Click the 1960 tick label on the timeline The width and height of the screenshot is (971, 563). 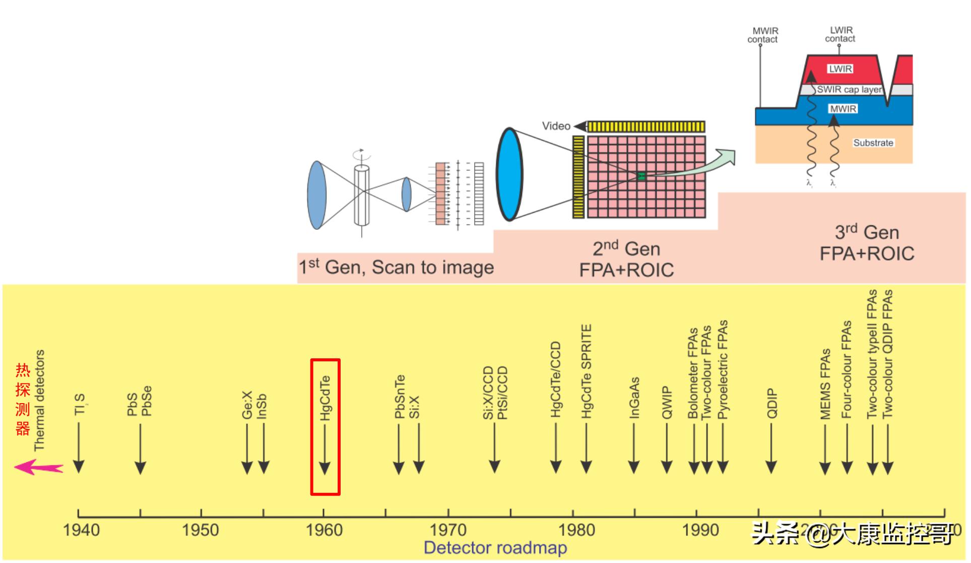pyautogui.click(x=324, y=530)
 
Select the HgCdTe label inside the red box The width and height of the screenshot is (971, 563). pyautogui.click(x=326, y=398)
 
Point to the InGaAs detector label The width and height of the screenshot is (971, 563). pyautogui.click(x=634, y=398)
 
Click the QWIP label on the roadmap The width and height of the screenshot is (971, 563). pyautogui.click(x=667, y=403)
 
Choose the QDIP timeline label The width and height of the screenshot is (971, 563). pyautogui.click(x=771, y=403)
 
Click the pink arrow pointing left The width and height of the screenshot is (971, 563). pyautogui.click(x=38, y=468)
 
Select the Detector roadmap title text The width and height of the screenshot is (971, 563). pyautogui.click(x=495, y=548)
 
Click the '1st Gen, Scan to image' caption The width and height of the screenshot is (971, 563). pyautogui.click(x=396, y=267)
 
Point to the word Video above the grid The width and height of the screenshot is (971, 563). pyautogui.click(x=556, y=126)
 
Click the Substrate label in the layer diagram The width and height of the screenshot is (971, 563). pyautogui.click(x=873, y=143)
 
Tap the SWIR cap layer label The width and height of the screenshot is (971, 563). pyautogui.click(x=849, y=90)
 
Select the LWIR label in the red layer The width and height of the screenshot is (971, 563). pyautogui.click(x=840, y=69)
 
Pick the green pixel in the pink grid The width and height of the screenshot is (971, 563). pyautogui.click(x=641, y=176)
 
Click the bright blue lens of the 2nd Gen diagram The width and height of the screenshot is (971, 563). pyautogui.click(x=509, y=174)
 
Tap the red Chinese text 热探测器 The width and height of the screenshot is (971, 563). pyautogui.click(x=23, y=399)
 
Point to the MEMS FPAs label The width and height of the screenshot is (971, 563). pyautogui.click(x=825, y=384)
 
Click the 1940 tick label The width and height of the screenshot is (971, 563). pyautogui.click(x=81, y=530)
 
